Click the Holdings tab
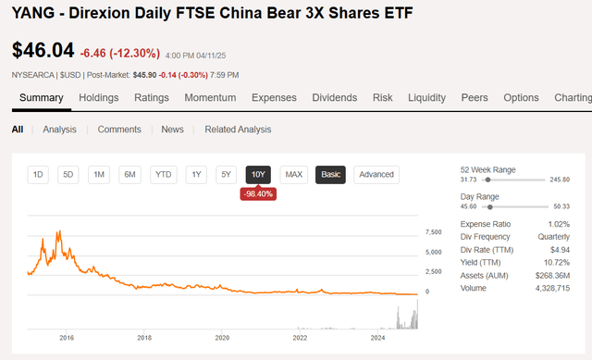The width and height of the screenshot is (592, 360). pyautogui.click(x=99, y=97)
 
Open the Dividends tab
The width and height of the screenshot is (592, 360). pyautogui.click(x=334, y=97)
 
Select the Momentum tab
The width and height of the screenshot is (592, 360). pyautogui.click(x=210, y=97)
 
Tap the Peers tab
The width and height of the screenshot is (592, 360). pyautogui.click(x=474, y=97)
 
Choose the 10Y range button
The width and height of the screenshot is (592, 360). pyautogui.click(x=258, y=174)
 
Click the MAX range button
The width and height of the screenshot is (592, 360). pyautogui.click(x=294, y=174)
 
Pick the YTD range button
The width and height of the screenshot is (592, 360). pyautogui.click(x=164, y=174)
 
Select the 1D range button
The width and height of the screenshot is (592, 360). pyautogui.click(x=39, y=174)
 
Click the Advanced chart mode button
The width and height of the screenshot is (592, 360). pyautogui.click(x=376, y=174)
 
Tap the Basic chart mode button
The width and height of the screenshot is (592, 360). pyautogui.click(x=330, y=174)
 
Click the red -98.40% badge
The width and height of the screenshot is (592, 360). pyautogui.click(x=258, y=193)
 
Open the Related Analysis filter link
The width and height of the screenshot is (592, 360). pyautogui.click(x=238, y=130)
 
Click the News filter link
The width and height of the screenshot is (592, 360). pyautogui.click(x=173, y=130)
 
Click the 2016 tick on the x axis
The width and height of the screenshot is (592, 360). pyautogui.click(x=67, y=338)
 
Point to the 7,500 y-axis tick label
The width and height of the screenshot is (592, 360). pyautogui.click(x=433, y=231)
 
